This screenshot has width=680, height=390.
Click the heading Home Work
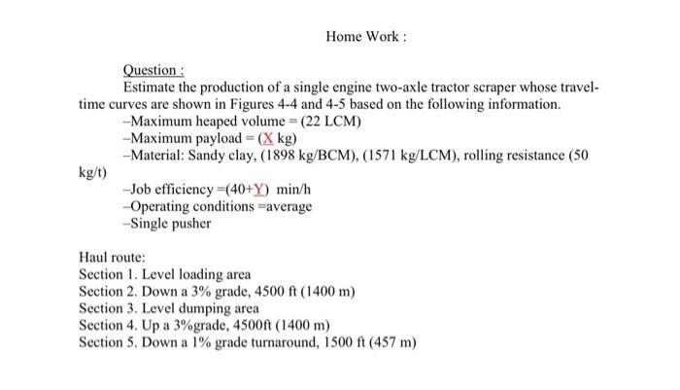(x=364, y=37)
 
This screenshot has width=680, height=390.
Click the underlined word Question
(x=153, y=71)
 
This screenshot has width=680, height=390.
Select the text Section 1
(x=108, y=275)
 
